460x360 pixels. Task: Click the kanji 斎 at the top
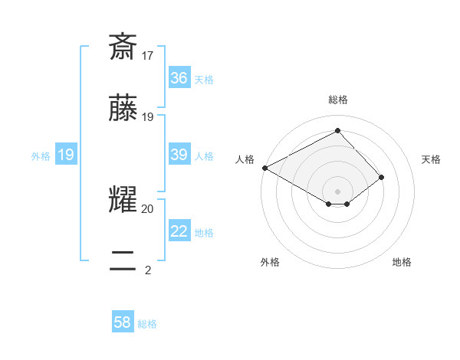123,47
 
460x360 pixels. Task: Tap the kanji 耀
123,201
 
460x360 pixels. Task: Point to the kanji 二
123,260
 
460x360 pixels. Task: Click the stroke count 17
148,55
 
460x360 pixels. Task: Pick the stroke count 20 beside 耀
148,208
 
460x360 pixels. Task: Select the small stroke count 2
148,269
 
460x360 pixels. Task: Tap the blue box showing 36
179,78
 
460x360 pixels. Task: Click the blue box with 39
179,155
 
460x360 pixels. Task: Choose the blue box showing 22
179,231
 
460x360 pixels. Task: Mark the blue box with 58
123,322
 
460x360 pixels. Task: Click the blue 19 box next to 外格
66,155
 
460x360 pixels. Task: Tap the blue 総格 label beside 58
147,324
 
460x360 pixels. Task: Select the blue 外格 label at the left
41,155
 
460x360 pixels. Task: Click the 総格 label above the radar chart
338,100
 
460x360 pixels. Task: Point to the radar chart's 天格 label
431,159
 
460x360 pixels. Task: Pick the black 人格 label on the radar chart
245,159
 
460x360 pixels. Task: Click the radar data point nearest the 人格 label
264,168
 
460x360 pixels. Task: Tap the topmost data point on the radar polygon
337,131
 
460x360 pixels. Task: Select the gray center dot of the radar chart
337,191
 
